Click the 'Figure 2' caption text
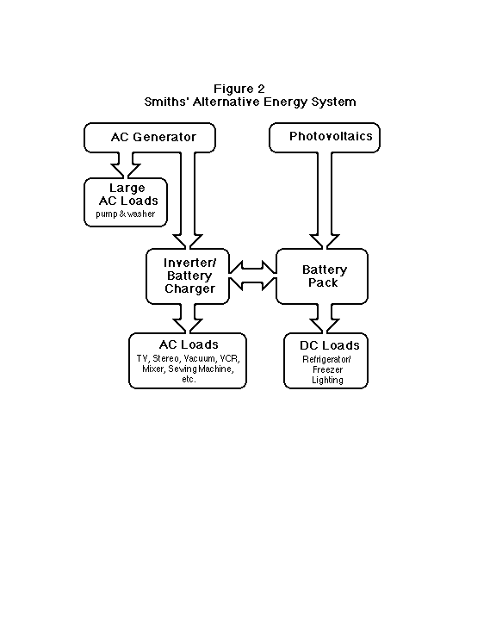(239, 89)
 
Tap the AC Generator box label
(153, 137)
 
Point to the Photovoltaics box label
(331, 136)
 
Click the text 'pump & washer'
(126, 214)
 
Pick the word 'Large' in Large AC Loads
(127, 189)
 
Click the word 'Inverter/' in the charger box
(189, 263)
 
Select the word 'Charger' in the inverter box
(189, 288)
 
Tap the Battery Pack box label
(325, 276)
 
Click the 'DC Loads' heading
(330, 345)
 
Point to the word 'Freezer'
(327, 369)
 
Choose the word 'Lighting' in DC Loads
(327, 380)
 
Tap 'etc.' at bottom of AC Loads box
(189, 379)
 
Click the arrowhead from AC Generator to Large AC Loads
(126, 170)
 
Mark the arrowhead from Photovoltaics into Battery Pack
(325, 242)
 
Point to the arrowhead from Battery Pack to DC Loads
(325, 326)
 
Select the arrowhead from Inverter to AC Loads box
(188, 326)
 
